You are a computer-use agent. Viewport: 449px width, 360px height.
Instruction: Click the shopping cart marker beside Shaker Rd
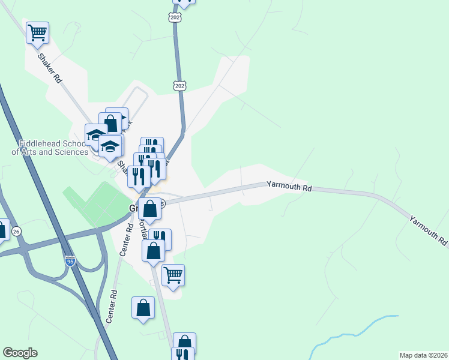(37, 32)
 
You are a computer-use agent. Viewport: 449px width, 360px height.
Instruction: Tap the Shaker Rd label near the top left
(50, 68)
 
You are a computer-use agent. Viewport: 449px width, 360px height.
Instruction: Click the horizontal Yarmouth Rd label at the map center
(290, 188)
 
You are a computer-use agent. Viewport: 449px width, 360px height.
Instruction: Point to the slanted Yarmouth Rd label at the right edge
(429, 230)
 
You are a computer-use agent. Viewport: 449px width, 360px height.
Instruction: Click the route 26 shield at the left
(16, 231)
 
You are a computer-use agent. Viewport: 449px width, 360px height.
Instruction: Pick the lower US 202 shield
(179, 86)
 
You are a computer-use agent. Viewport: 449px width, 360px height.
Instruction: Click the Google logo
(20, 353)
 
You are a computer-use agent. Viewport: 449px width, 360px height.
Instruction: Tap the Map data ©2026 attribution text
(423, 355)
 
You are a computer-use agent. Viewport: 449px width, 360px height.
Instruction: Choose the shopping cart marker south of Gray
(173, 275)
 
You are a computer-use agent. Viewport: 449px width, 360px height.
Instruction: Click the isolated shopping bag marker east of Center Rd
(143, 308)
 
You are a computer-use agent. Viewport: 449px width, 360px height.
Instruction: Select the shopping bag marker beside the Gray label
(150, 209)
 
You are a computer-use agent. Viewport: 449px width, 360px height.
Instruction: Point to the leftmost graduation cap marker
(96, 134)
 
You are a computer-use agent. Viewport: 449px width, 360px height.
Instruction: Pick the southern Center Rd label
(112, 308)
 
